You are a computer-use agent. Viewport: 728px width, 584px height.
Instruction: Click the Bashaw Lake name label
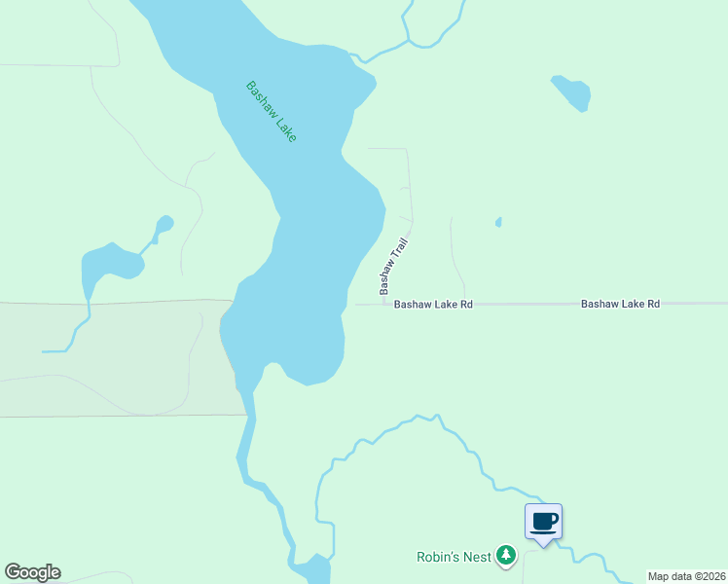click(271, 112)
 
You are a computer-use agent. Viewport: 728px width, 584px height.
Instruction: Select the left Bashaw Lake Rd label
click(433, 305)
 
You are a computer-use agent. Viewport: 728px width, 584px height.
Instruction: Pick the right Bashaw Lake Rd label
click(620, 305)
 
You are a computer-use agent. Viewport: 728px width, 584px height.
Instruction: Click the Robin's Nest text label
click(453, 557)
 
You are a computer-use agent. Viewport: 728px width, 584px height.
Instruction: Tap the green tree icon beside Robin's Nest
click(505, 556)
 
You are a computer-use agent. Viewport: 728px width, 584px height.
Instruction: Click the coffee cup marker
click(544, 522)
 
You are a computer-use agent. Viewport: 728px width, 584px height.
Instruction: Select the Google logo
click(32, 572)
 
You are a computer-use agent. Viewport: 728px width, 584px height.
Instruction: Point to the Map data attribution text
click(685, 576)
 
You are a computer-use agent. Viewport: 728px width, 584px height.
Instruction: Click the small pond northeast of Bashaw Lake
click(572, 92)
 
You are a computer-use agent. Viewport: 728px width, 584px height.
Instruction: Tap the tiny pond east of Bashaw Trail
click(498, 223)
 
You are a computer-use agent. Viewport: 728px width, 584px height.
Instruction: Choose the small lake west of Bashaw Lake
click(109, 264)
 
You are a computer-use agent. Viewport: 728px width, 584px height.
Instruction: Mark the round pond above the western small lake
click(164, 224)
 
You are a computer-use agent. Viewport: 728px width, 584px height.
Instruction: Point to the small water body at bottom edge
click(313, 569)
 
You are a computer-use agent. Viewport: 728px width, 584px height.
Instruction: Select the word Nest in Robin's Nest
click(477, 557)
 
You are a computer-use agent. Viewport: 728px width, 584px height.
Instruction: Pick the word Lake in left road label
click(445, 305)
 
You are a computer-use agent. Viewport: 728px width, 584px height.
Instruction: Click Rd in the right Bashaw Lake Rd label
click(653, 305)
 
